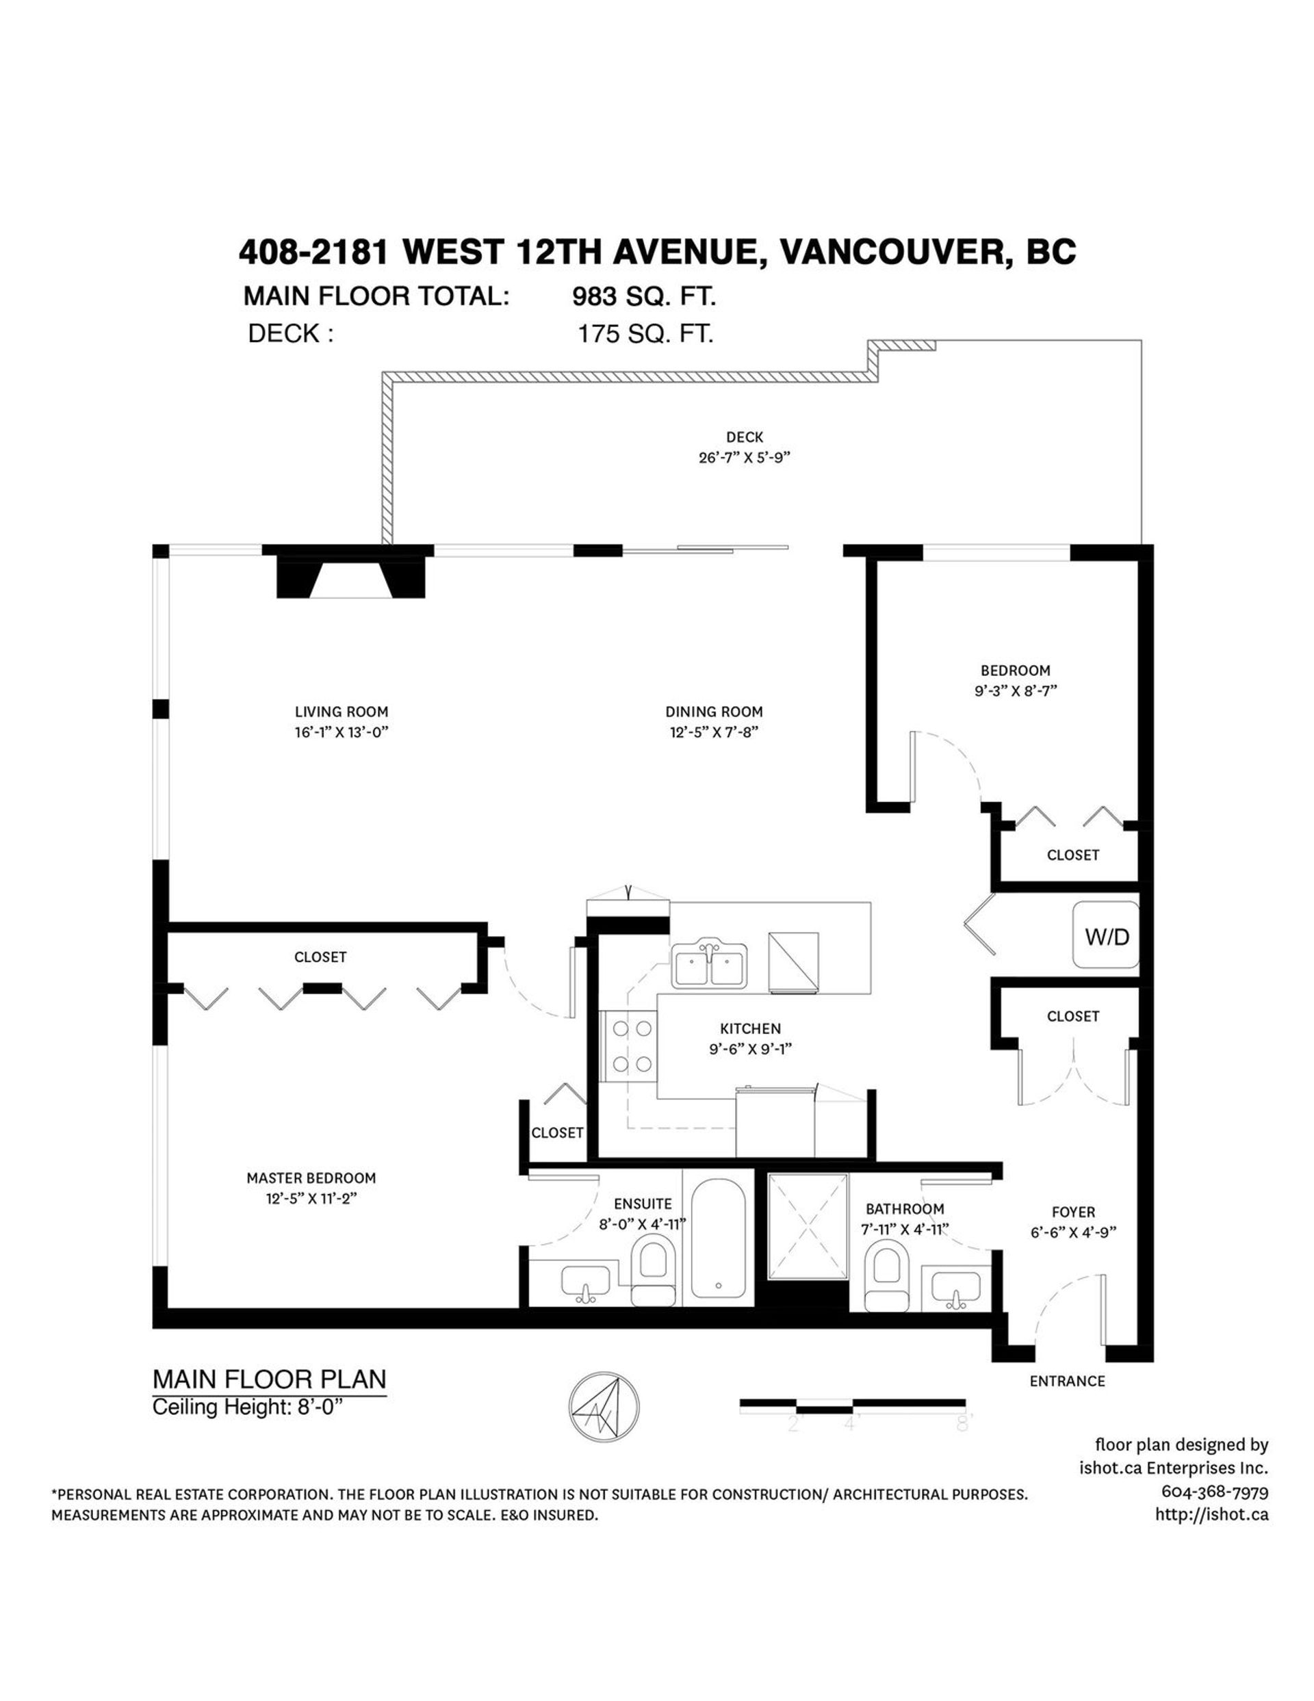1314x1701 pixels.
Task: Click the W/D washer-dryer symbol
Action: point(1105,935)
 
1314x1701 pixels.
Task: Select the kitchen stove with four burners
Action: point(630,1046)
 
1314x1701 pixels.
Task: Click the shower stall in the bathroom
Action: point(807,1227)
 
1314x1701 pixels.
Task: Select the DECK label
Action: point(745,438)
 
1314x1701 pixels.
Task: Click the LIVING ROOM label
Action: point(341,711)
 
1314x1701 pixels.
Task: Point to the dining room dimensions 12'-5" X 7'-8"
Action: point(714,732)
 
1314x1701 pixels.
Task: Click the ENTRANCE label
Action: point(1066,1381)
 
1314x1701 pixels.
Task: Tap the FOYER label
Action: point(1072,1212)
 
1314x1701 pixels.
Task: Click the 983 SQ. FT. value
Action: point(643,297)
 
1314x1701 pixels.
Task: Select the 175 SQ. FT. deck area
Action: point(645,334)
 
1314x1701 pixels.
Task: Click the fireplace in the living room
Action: point(351,580)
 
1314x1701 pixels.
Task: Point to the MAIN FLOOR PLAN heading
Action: point(270,1379)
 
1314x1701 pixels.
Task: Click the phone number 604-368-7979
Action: point(1214,1492)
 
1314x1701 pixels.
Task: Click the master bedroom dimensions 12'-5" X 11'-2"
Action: point(311,1199)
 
